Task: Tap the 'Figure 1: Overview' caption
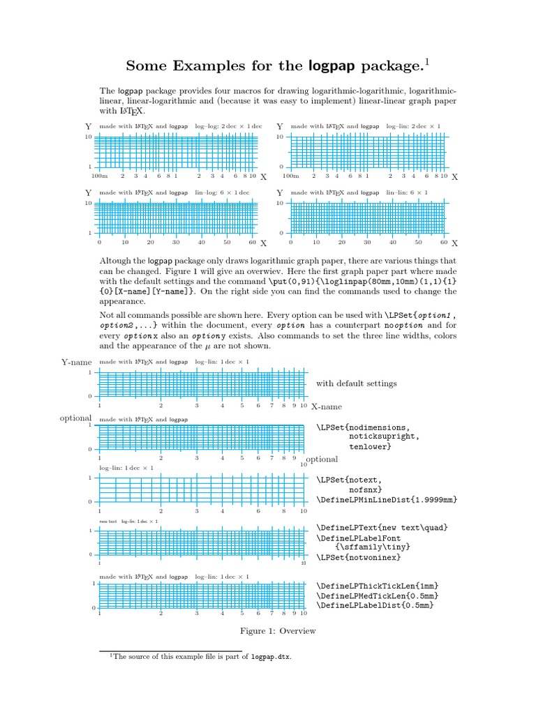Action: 278,631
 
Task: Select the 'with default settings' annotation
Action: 356,383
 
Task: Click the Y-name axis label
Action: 77,362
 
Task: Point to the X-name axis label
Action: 326,407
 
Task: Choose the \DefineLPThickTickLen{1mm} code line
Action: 378,585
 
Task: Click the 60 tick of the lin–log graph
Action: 252,243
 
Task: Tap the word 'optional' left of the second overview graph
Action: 76,418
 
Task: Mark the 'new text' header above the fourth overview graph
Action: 108,521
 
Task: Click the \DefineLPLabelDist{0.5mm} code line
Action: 375,605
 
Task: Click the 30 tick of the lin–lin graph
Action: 367,243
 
